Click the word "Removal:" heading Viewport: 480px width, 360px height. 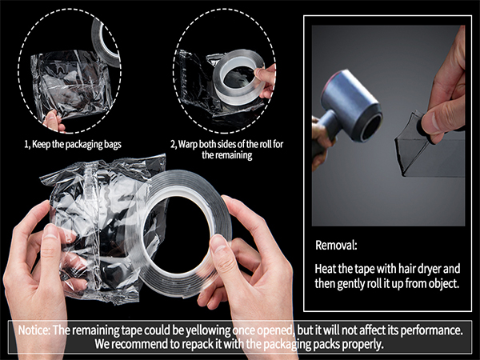pos(336,246)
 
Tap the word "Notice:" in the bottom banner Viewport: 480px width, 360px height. pos(34,330)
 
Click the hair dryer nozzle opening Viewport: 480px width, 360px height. pos(371,127)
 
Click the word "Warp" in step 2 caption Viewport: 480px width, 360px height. pos(188,144)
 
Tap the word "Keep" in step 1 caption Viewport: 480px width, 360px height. pos(42,144)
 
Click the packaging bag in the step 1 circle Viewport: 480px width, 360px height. pos(71,84)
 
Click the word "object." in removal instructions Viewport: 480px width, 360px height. pos(444,284)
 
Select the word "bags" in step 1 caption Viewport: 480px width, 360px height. pos(113,145)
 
